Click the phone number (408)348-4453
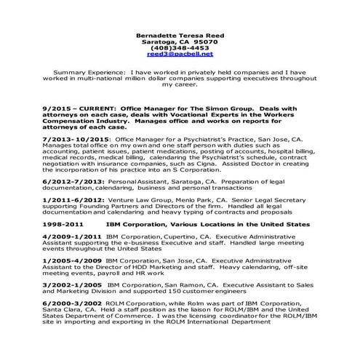(x=180, y=47)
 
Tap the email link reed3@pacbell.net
(x=180, y=54)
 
